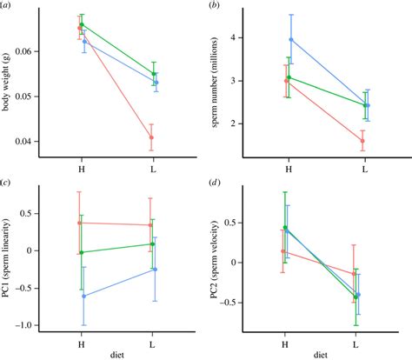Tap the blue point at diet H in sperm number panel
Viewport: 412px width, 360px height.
pyautogui.click(x=291, y=39)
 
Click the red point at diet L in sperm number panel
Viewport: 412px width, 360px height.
pyautogui.click(x=362, y=140)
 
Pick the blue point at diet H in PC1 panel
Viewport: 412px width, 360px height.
pyautogui.click(x=84, y=296)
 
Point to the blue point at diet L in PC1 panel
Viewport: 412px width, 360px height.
pyautogui.click(x=155, y=270)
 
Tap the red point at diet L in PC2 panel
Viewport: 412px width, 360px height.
pyautogui.click(x=353, y=273)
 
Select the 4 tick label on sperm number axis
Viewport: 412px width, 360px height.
pyautogui.click(x=254, y=38)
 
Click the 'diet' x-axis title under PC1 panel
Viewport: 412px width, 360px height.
pyautogui.click(x=116, y=355)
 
